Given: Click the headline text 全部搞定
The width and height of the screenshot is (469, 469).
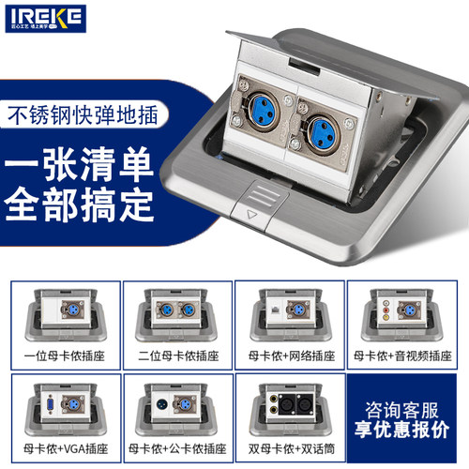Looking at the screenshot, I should (x=83, y=204).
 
